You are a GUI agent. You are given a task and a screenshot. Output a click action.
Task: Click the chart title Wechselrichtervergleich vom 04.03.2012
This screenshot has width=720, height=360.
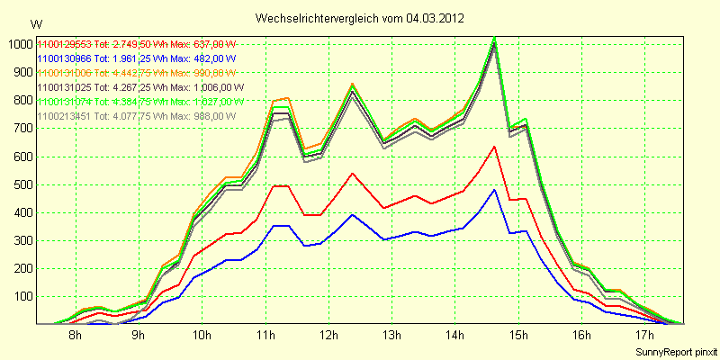click(x=360, y=17)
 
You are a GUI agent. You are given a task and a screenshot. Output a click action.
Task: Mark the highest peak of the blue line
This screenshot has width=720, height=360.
click(x=494, y=189)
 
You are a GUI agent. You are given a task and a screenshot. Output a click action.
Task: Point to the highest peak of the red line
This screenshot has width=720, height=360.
click(x=494, y=146)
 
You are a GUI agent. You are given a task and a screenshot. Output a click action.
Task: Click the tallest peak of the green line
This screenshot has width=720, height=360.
click(x=494, y=38)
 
